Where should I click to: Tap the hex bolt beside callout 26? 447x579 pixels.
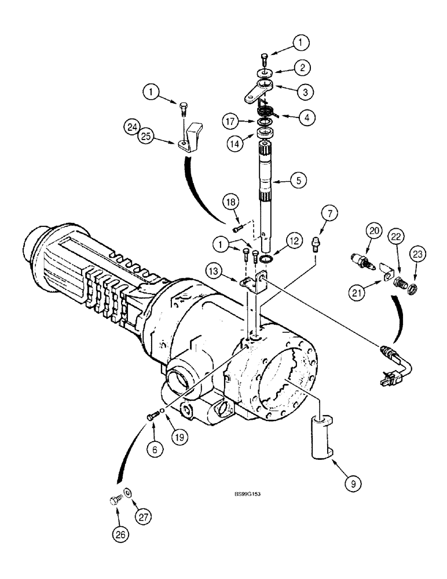pyautogui.click(x=115, y=500)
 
